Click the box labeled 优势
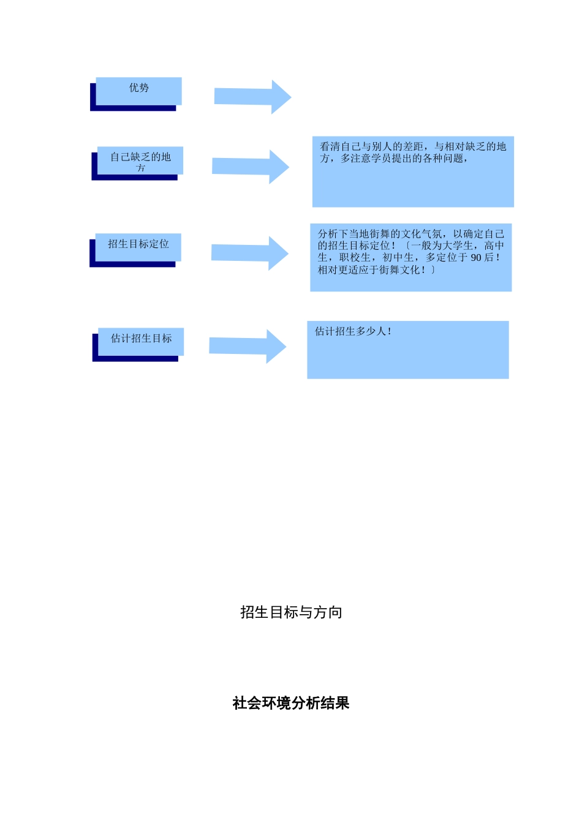click(x=138, y=91)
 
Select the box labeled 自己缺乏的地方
click(x=140, y=161)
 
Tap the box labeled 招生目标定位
click(x=138, y=247)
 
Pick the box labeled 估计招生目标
click(x=141, y=341)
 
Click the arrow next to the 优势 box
click(x=252, y=97)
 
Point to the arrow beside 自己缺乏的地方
click(x=251, y=167)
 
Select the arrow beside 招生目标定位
click(x=250, y=253)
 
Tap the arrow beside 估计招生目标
click(x=248, y=346)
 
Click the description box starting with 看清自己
click(x=413, y=172)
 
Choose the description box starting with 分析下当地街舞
click(x=410, y=258)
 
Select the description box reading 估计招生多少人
click(x=408, y=350)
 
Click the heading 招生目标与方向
click(x=291, y=612)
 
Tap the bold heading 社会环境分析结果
click(x=291, y=703)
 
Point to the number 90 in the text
click(x=476, y=258)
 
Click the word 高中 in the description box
click(x=494, y=246)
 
